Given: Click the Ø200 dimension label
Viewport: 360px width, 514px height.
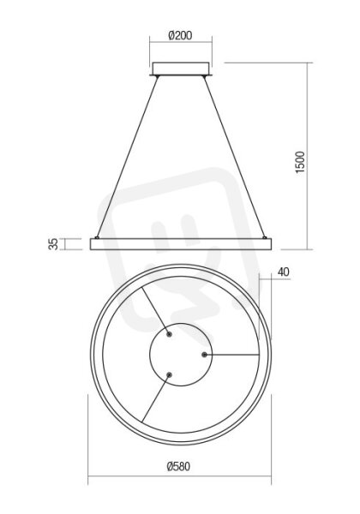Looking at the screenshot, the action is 180,35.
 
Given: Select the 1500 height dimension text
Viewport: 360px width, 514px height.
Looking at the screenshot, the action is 300,162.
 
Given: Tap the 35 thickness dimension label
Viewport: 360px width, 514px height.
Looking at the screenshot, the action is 53,244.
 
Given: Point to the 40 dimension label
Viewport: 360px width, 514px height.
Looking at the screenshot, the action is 284,272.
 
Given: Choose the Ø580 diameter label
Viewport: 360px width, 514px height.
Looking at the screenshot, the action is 178,466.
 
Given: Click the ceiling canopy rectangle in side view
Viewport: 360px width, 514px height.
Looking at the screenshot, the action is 181,69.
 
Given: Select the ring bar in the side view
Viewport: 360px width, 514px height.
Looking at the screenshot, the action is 181,244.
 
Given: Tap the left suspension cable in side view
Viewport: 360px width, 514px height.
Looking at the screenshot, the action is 127,157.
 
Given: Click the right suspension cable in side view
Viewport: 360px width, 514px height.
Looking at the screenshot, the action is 234,157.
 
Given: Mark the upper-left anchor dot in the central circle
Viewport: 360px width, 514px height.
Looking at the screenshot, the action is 169,334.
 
